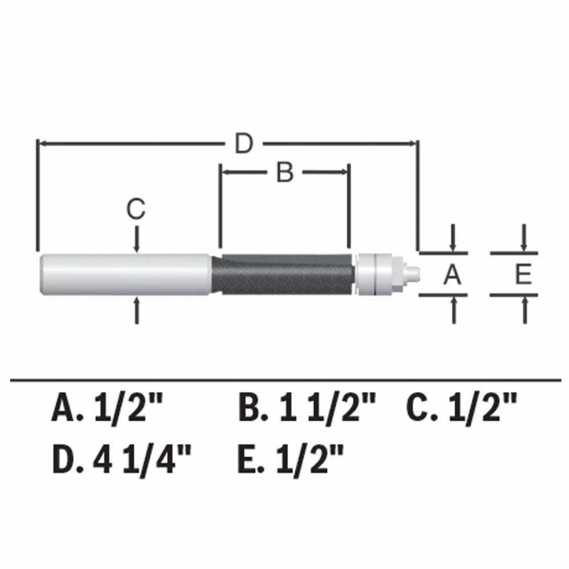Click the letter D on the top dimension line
(244, 145)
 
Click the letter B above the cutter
(284, 172)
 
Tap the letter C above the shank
(136, 210)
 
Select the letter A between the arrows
(452, 275)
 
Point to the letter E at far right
(523, 275)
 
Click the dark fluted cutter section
(284, 274)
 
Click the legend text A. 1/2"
(107, 409)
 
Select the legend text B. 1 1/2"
(307, 409)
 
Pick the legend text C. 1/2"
(461, 409)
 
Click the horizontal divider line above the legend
(284, 378)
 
